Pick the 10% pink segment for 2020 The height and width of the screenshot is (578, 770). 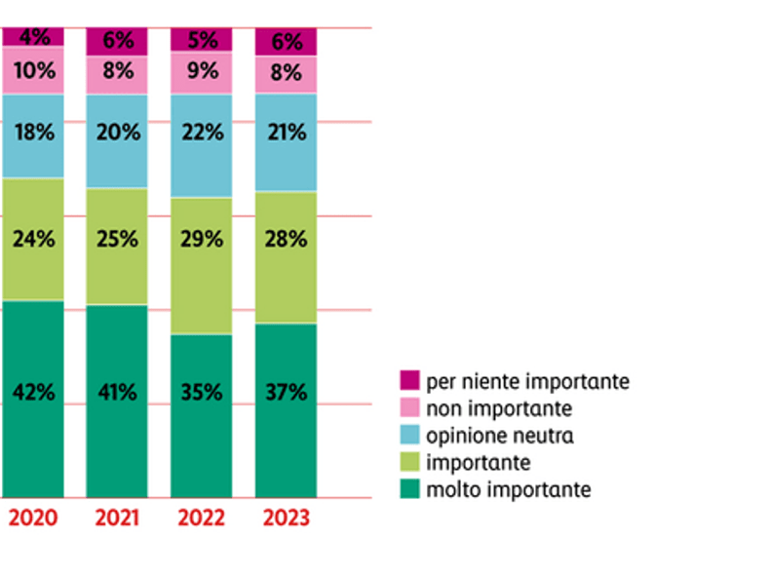click(x=32, y=70)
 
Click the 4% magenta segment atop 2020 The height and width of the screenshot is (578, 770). click(x=32, y=37)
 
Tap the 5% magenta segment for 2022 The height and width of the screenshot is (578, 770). click(x=201, y=40)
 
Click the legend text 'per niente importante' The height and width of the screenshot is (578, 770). click(x=527, y=380)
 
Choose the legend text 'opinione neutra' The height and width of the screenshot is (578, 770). click(x=500, y=435)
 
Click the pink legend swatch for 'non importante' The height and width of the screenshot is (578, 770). click(x=409, y=407)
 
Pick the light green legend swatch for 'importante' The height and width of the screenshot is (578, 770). click(x=409, y=462)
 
